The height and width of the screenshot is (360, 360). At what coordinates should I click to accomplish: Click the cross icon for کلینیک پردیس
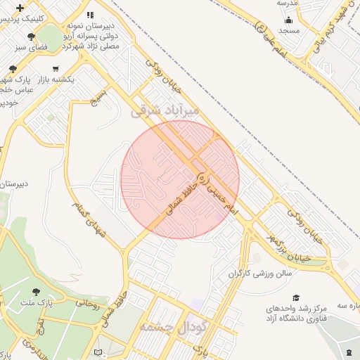point(20,7)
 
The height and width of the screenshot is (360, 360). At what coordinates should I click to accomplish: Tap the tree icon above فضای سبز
point(30,37)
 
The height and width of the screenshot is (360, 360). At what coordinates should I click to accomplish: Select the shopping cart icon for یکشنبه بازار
point(56,68)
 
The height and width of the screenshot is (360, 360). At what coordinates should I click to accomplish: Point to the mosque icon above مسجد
point(289,20)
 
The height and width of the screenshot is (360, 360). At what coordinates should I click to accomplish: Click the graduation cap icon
point(296,298)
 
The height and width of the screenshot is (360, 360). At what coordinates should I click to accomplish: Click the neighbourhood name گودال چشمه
point(172,328)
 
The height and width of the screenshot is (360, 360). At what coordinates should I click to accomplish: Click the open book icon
point(98,352)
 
